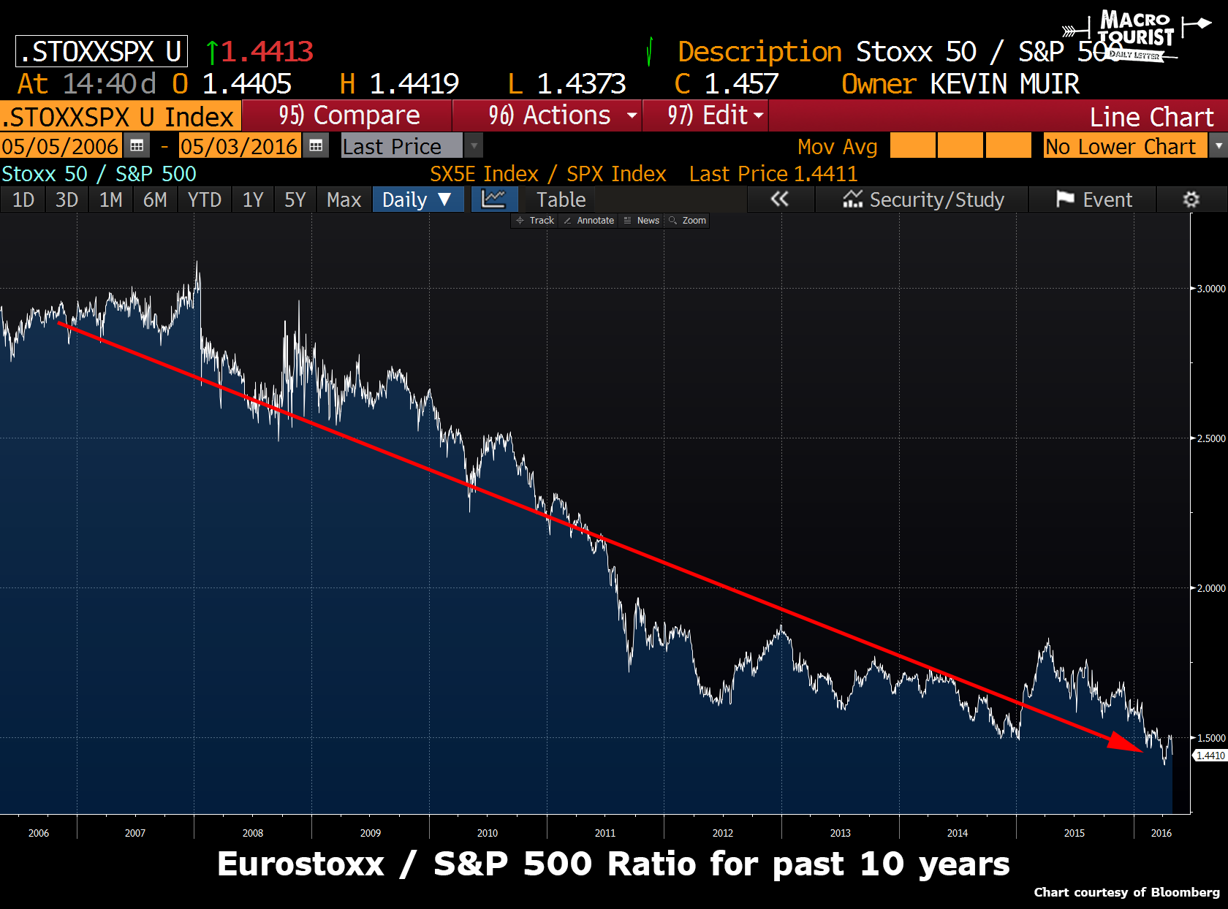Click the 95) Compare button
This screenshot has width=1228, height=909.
(348, 115)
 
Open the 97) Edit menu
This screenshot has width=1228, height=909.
(706, 115)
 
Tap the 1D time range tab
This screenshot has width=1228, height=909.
(23, 199)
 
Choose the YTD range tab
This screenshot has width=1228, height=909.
(204, 199)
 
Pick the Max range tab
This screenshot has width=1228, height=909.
(344, 199)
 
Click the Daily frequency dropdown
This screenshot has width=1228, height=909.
(417, 199)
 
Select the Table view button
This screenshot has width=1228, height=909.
(561, 199)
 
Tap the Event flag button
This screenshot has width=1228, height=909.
(1094, 199)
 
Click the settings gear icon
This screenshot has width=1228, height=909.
(1191, 199)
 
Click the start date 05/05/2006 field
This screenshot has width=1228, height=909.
(60, 146)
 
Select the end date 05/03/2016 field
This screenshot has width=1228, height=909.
(238, 146)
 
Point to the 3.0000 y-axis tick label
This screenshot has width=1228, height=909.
(1210, 289)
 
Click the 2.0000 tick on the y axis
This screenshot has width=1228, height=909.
(1210, 588)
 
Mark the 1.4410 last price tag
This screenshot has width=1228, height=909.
(1210, 756)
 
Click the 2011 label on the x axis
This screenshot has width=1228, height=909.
(604, 833)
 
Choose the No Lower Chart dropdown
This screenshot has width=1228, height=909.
(1126, 146)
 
